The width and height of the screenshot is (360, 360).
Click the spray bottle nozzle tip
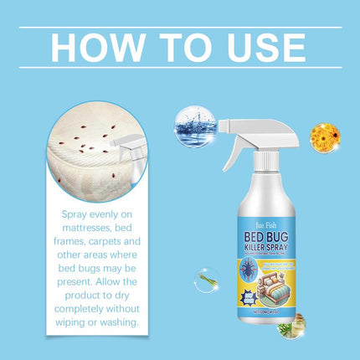[224, 126]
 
